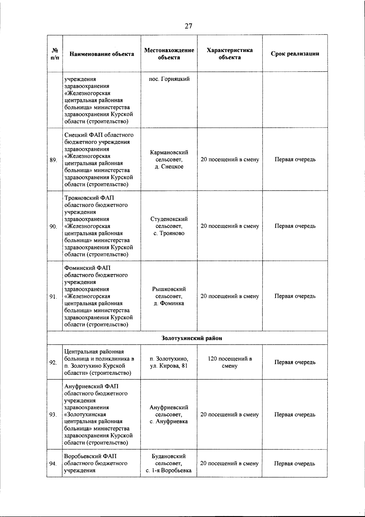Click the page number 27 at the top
point(188,26)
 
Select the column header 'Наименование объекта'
point(102,54)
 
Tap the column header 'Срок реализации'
point(295,54)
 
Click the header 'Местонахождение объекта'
point(169,54)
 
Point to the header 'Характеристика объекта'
point(230,54)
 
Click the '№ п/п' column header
point(55,54)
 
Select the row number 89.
point(54,160)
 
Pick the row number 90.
point(54,226)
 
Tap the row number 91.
point(54,297)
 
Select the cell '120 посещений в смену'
point(230,362)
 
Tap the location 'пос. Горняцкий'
point(169,79)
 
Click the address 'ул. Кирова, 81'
point(169,366)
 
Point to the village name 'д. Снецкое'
point(169,167)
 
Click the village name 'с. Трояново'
point(169,233)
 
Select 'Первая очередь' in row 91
point(295,296)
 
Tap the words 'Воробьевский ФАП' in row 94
point(90,456)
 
